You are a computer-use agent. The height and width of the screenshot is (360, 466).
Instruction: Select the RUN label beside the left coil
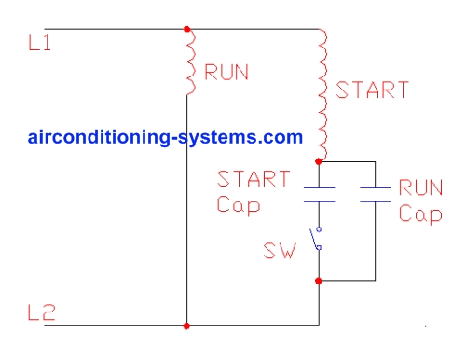[227, 73]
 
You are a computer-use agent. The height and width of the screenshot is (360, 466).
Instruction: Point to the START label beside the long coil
[372, 90]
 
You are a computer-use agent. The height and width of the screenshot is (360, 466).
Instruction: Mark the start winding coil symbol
[322, 94]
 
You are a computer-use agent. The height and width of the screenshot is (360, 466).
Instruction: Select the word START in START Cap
[254, 178]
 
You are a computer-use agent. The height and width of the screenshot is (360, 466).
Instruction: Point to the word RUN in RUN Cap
[420, 187]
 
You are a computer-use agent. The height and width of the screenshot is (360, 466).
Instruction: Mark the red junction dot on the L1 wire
[188, 29]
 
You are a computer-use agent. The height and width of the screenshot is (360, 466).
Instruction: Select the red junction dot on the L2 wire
[188, 325]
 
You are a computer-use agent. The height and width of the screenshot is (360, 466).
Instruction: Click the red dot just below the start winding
[320, 161]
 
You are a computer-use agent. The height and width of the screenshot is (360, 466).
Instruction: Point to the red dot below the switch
[320, 280]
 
